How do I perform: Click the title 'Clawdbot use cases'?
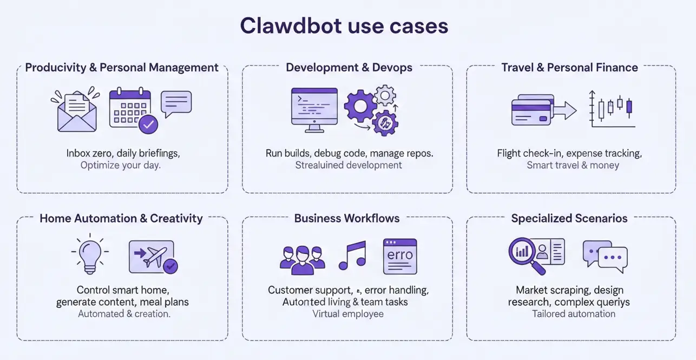click(x=344, y=26)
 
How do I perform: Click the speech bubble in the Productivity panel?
click(x=176, y=103)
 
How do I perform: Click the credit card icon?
click(x=532, y=110)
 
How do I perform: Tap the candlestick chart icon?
click(x=612, y=108)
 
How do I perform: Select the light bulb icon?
click(x=89, y=254)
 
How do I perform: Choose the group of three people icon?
click(x=302, y=258)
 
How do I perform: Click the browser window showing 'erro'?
click(x=399, y=256)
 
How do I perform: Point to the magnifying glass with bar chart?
click(x=525, y=254)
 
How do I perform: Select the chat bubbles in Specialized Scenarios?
click(x=605, y=256)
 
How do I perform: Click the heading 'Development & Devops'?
click(x=349, y=68)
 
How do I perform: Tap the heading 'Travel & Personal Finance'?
click(x=569, y=68)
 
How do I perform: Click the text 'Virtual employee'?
click(x=348, y=313)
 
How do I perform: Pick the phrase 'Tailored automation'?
click(x=573, y=313)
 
